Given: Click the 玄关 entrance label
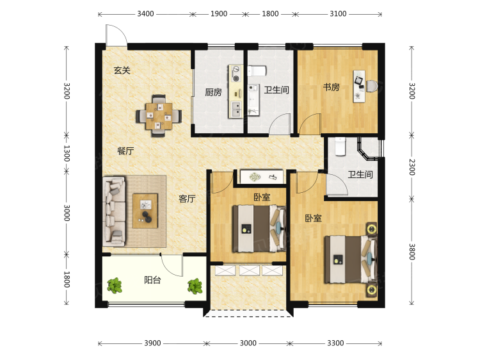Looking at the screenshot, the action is [x=122, y=70].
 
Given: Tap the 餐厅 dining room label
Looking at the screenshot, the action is [x=125, y=151].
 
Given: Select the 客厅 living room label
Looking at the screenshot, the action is [x=187, y=199].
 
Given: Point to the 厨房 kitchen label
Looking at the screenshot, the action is [x=213, y=92].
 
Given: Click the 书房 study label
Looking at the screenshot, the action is [x=332, y=87].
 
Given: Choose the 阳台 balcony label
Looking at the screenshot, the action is [x=152, y=280].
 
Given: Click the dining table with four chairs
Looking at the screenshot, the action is [x=159, y=116].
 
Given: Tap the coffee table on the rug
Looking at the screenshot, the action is [x=145, y=211].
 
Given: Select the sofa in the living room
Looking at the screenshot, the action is [x=114, y=211].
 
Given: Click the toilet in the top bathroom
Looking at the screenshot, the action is [x=257, y=71].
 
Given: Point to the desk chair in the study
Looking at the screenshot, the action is [x=372, y=86].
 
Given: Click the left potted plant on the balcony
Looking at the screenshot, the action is [x=115, y=286].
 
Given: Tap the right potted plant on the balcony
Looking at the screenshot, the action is [x=195, y=286].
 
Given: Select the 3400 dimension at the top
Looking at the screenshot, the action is [x=145, y=14].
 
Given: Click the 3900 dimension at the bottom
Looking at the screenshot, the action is [x=152, y=343].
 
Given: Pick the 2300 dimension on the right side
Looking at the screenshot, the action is [x=412, y=167].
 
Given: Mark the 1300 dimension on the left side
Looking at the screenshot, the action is [x=67, y=153].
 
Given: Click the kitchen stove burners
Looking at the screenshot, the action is [x=236, y=74].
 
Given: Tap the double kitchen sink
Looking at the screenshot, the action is [x=236, y=110].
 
